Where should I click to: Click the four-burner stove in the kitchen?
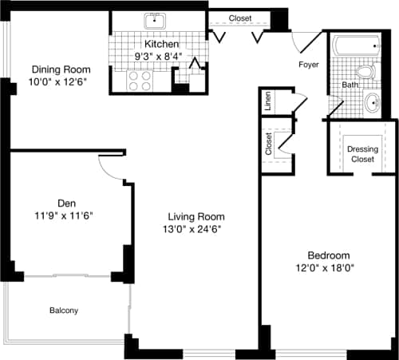pos(141,81)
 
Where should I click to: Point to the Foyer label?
pos(309,65)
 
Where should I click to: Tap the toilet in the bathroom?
pos(365,73)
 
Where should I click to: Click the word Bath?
pos(350,84)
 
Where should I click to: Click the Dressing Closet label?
pos(363,153)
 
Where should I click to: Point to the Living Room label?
pos(196,216)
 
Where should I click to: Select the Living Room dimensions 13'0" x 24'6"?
pos(196,230)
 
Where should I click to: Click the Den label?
pos(66,201)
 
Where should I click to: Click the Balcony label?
pos(64,310)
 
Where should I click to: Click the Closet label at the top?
pos(240,18)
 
